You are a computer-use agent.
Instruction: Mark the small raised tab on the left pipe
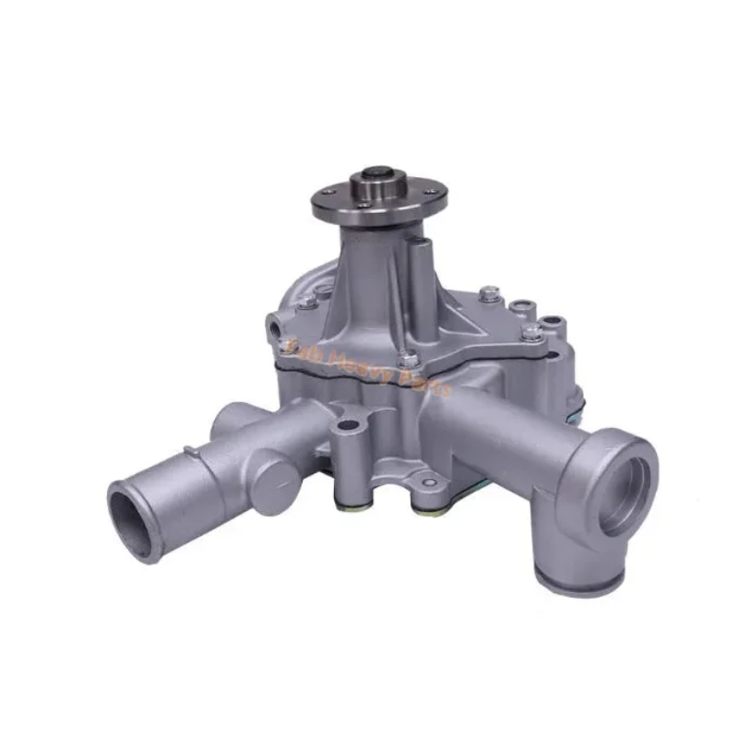(190, 452)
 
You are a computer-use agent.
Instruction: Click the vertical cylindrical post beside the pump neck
(421, 268)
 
